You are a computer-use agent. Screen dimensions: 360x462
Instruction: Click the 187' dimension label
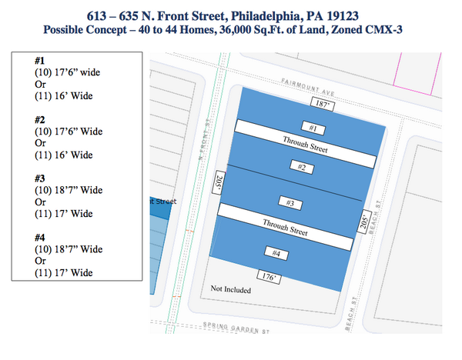[320, 102]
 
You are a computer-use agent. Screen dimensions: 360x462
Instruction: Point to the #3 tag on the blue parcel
[290, 203]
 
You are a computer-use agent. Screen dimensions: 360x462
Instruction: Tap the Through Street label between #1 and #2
[305, 146]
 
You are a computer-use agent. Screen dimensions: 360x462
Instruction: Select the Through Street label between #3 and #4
[285, 227]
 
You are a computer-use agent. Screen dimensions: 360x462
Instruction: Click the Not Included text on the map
[231, 289]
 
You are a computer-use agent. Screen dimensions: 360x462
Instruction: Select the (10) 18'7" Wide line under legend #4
[69, 249]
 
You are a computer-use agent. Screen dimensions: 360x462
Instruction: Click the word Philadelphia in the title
[269, 15]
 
